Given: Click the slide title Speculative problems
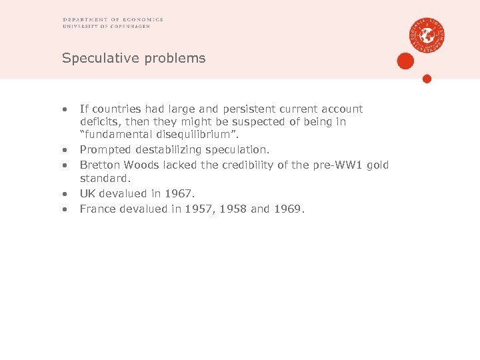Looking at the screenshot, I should point(133,59).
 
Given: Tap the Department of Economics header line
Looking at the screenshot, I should point(113,20).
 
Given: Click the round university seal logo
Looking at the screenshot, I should point(427,35).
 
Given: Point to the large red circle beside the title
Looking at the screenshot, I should point(405,61).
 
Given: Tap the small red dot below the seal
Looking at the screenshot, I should point(427,79).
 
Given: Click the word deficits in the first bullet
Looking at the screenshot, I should point(97,122).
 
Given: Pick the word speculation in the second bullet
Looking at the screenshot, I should point(239,150).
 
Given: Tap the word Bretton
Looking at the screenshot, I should point(97,165).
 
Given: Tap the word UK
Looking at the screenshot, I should point(87,193).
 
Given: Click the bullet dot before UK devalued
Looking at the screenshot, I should point(65,193).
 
